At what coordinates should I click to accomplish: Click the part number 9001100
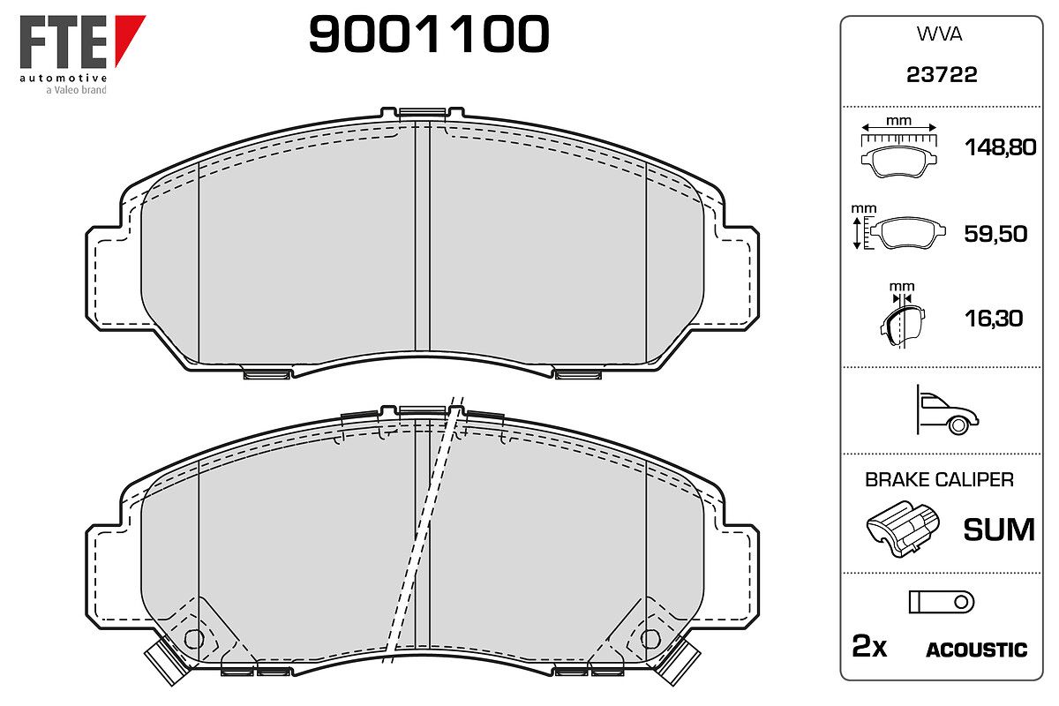(429, 34)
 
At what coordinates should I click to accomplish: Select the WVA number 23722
(942, 75)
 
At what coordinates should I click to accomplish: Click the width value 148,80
(1000, 147)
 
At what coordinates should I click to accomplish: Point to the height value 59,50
(995, 234)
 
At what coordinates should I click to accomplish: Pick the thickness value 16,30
(994, 319)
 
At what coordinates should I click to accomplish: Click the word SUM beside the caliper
(999, 529)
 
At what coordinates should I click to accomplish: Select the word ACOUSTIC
(976, 650)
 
